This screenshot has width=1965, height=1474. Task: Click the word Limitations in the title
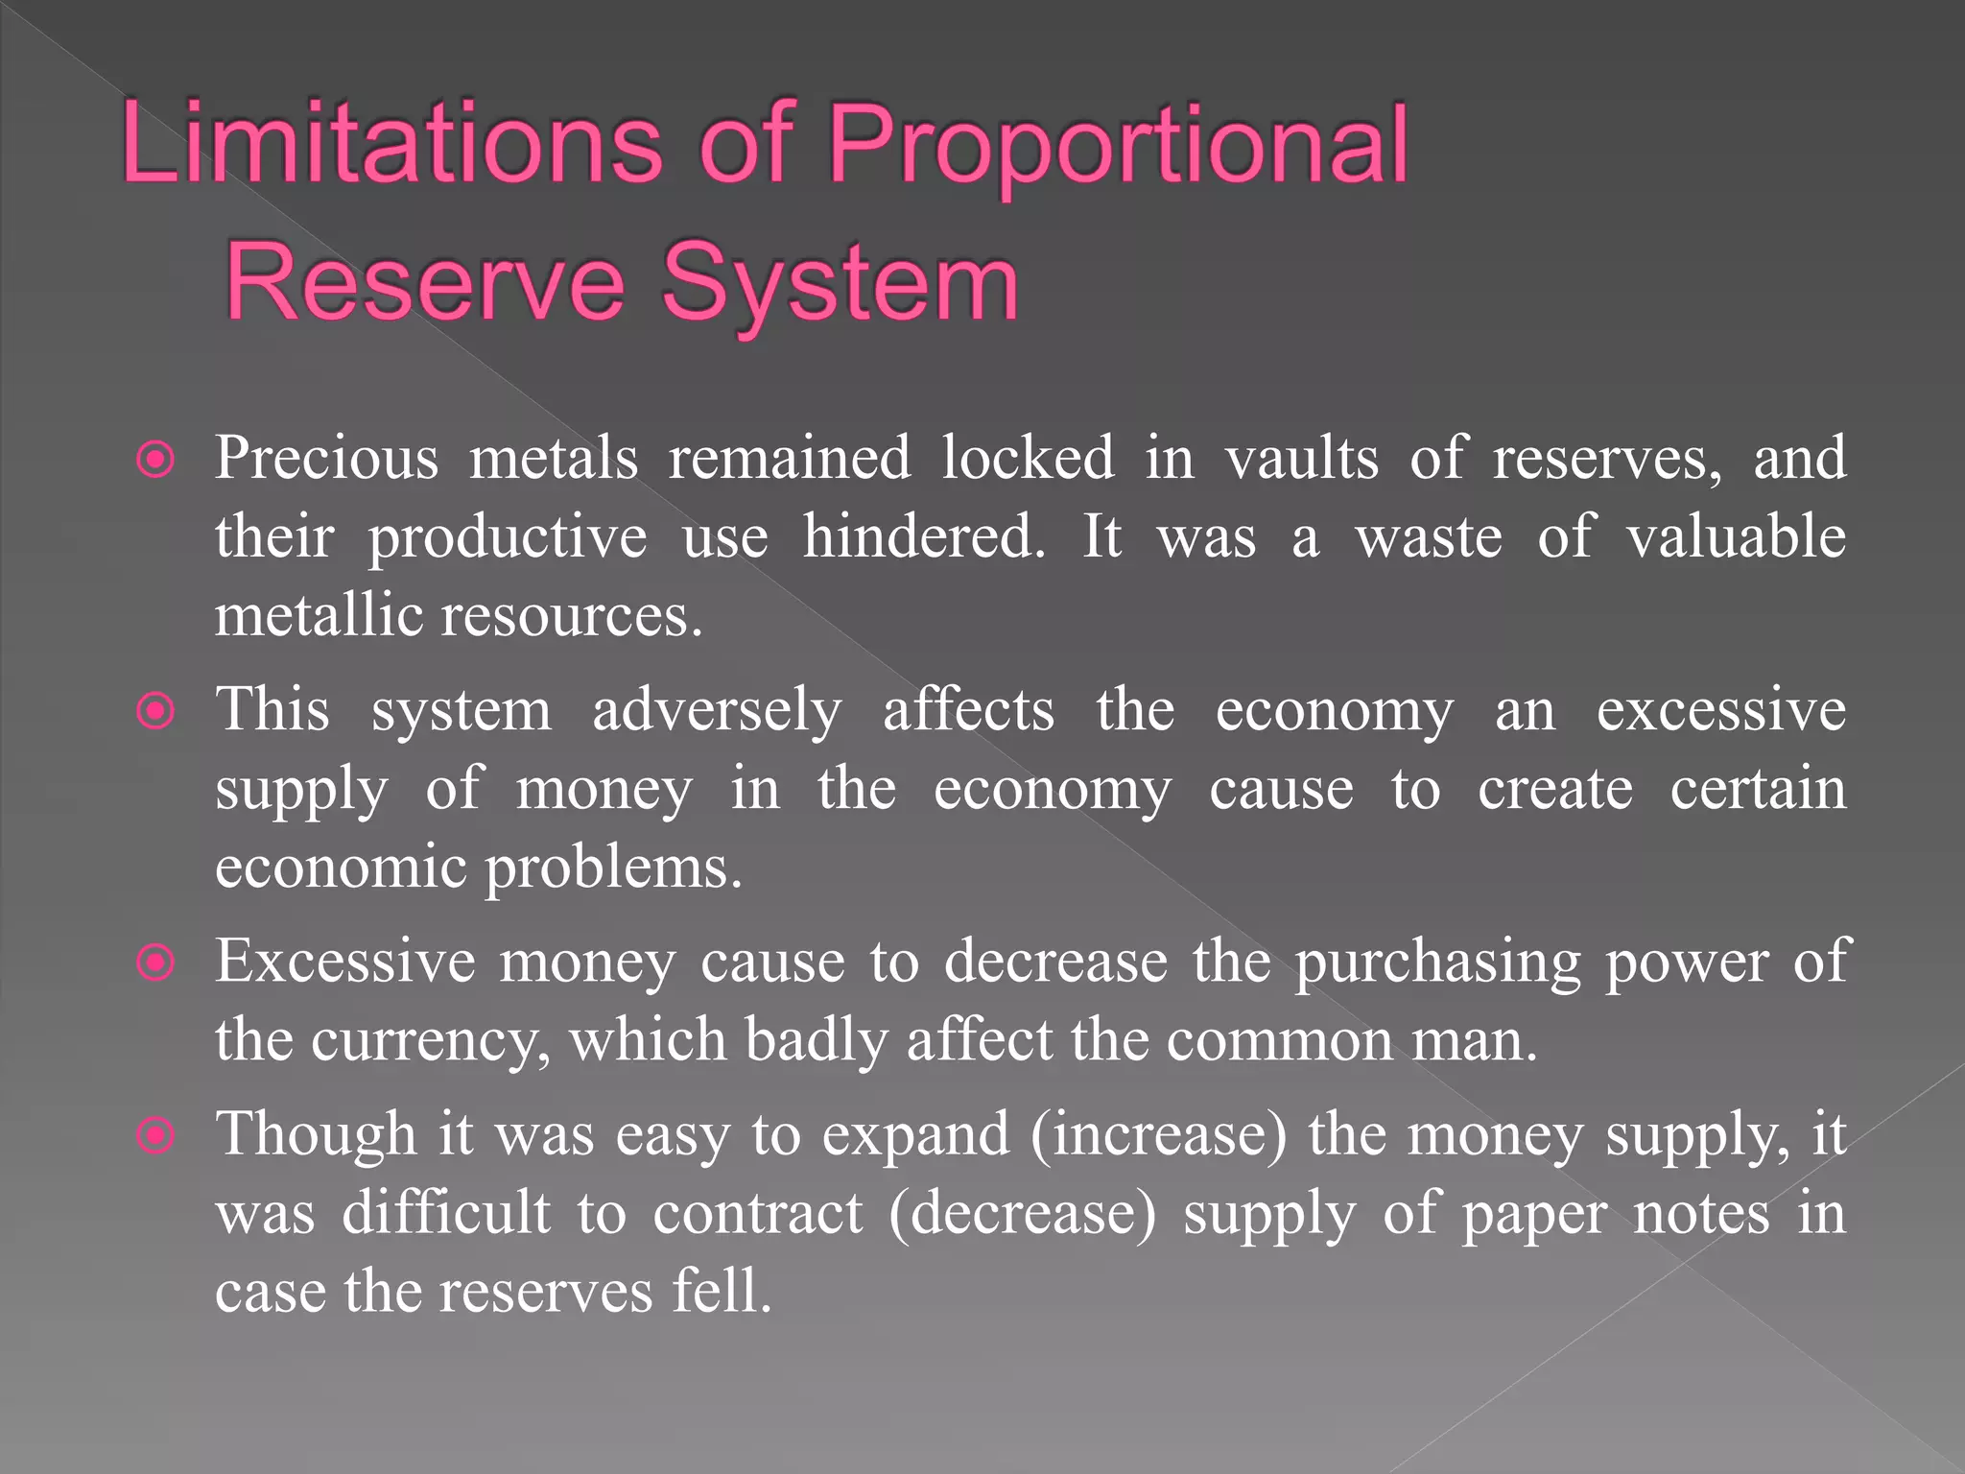point(391,144)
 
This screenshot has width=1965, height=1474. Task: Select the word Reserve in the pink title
point(425,282)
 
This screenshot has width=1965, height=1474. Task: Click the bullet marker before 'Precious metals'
point(155,460)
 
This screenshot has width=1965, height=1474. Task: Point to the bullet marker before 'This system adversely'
point(155,712)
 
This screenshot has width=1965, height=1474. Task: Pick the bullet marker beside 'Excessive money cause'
point(155,963)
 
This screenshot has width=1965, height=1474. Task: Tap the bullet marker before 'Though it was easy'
point(155,1136)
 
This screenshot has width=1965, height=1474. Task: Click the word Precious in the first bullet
point(326,458)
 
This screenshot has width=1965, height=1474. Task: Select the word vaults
point(1302,458)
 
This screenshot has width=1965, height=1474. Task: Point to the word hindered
point(923,536)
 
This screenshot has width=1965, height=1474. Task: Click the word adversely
point(717,711)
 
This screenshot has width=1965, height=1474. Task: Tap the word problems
point(613,868)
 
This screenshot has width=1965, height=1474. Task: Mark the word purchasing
point(1437,963)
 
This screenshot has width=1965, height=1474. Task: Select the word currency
point(430,1041)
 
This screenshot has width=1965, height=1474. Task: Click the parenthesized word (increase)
point(1159,1135)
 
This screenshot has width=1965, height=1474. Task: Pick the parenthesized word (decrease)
point(1023,1214)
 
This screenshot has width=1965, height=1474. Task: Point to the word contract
point(758,1214)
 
